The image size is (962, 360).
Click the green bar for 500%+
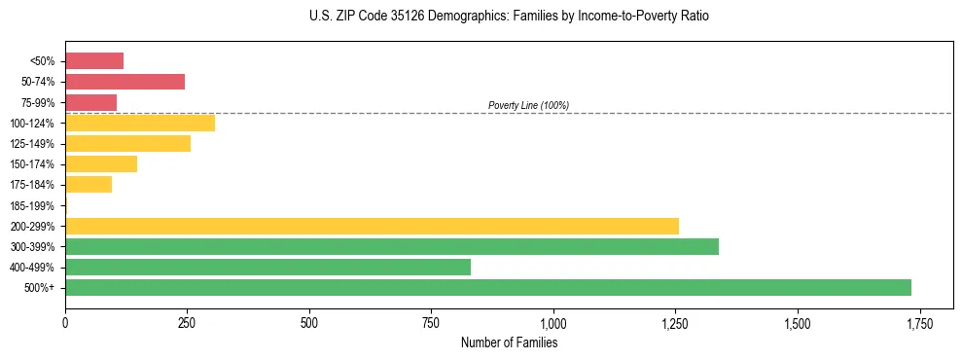click(x=487, y=287)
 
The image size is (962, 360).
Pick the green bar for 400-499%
click(x=267, y=267)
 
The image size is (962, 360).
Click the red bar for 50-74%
click(x=125, y=82)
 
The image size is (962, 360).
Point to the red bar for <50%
click(x=94, y=61)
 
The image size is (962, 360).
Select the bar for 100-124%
click(x=140, y=123)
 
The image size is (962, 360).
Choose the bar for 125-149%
click(x=127, y=143)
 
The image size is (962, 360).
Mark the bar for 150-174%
click(x=101, y=163)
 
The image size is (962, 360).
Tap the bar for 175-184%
click(x=89, y=184)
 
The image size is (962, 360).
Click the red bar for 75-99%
click(x=90, y=102)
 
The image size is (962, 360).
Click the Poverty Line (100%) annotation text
click(x=528, y=105)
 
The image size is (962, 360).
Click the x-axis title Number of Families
click(x=509, y=342)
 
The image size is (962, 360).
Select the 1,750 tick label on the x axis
click(x=919, y=323)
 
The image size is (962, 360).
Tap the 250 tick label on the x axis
click(x=187, y=323)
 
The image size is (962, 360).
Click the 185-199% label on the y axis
click(x=32, y=205)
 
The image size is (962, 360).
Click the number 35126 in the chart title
click(x=387, y=17)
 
